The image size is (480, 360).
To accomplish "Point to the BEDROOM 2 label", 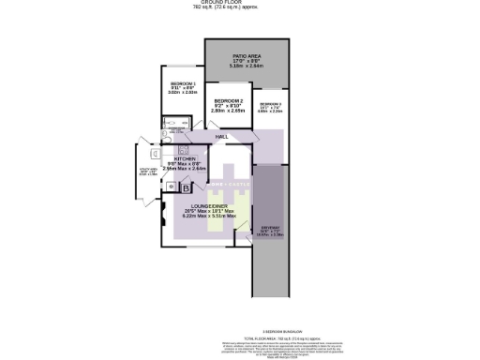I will [229, 100].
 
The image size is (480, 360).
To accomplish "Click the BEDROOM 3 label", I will [271, 103].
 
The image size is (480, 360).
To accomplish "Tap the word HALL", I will [222, 137].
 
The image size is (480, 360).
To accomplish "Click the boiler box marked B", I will [184, 187].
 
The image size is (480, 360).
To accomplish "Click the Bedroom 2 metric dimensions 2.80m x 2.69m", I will [229, 111].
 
